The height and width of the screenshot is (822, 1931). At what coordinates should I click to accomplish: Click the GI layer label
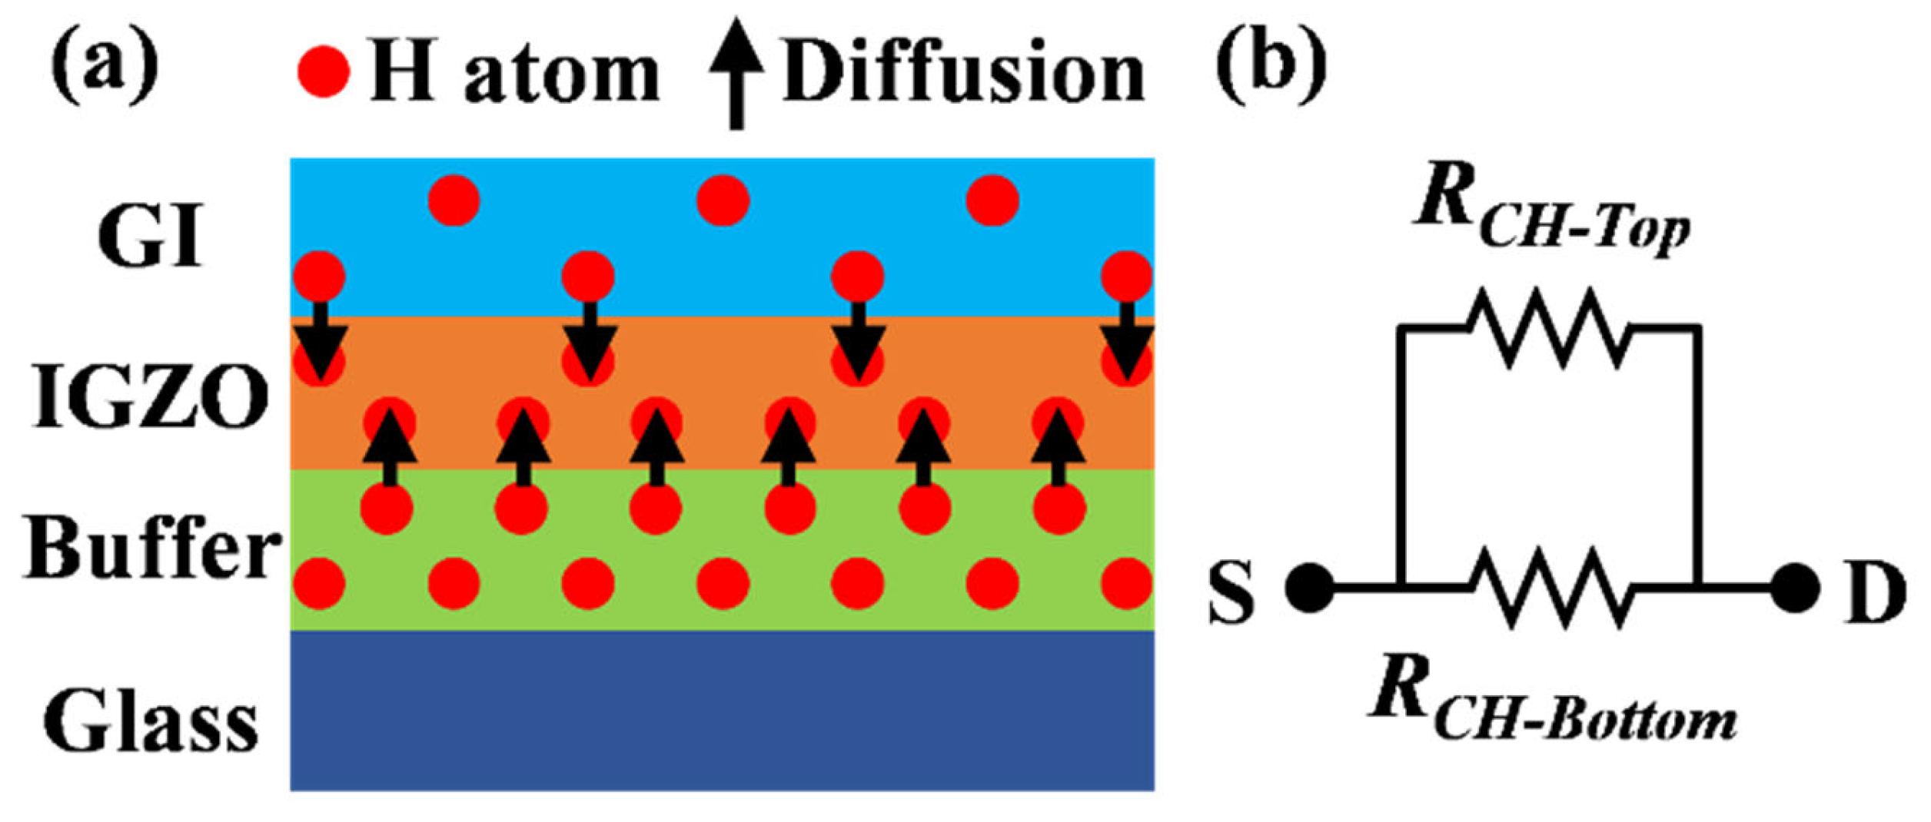pos(151,235)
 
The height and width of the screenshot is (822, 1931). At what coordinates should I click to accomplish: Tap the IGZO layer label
pos(151,397)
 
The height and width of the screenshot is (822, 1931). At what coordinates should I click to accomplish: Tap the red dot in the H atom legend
pos(324,72)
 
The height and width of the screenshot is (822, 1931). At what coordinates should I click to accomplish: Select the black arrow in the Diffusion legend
pos(736,72)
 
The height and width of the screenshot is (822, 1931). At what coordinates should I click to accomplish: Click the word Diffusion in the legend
pos(964,74)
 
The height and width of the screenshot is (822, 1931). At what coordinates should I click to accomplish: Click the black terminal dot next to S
pos(1310,588)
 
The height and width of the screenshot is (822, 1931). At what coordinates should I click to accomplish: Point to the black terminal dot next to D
pos(1794,588)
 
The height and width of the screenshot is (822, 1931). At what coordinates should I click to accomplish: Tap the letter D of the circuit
pos(1874,592)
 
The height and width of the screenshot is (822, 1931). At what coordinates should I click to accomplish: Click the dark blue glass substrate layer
pos(722,711)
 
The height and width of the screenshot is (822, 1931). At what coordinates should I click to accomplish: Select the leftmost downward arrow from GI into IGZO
pos(321,341)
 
